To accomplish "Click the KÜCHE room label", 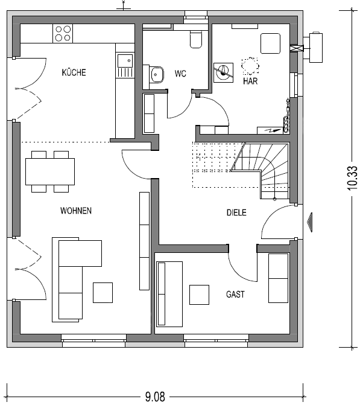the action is [74, 72].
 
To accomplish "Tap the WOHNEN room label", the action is [76, 211].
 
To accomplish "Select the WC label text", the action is [180, 74].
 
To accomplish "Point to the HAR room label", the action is [250, 81].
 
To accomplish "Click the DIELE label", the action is [236, 212].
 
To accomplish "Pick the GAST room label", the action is [235, 295].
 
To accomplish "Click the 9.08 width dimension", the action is [155, 397].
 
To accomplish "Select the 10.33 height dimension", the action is [353, 178].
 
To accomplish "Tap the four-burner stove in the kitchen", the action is [63, 34].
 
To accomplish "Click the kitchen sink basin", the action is [125, 61].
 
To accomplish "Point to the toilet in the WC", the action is [196, 39].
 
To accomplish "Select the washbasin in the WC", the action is [157, 75].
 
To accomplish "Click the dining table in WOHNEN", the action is [50, 171].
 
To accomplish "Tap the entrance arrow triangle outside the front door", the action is [310, 222].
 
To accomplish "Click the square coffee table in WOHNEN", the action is [103, 293].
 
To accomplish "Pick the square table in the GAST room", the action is [199, 295].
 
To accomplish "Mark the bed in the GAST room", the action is [169, 294].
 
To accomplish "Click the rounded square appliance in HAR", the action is [270, 43].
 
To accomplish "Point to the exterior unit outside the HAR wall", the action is [315, 47].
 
